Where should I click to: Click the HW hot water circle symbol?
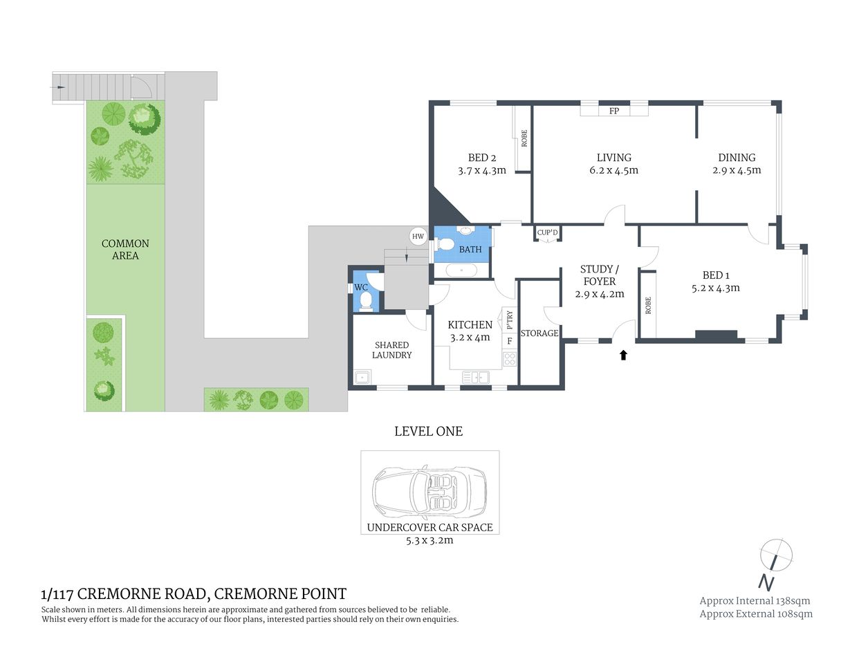point(418,237)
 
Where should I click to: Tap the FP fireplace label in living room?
point(614,111)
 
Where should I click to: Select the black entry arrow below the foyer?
point(623,355)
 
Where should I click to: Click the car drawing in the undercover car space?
point(429,490)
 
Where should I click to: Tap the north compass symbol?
point(775,555)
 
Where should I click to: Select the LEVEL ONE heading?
point(428,432)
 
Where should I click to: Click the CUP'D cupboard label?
point(547,232)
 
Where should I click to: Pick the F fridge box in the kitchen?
point(510,341)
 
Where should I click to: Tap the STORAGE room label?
point(539,333)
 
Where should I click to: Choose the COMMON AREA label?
point(125,250)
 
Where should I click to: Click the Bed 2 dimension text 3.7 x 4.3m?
point(482,170)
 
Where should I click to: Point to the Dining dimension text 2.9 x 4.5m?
point(737,170)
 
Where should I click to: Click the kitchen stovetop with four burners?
point(510,358)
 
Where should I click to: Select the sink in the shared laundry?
point(361,377)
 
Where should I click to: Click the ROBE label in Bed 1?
point(648,306)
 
